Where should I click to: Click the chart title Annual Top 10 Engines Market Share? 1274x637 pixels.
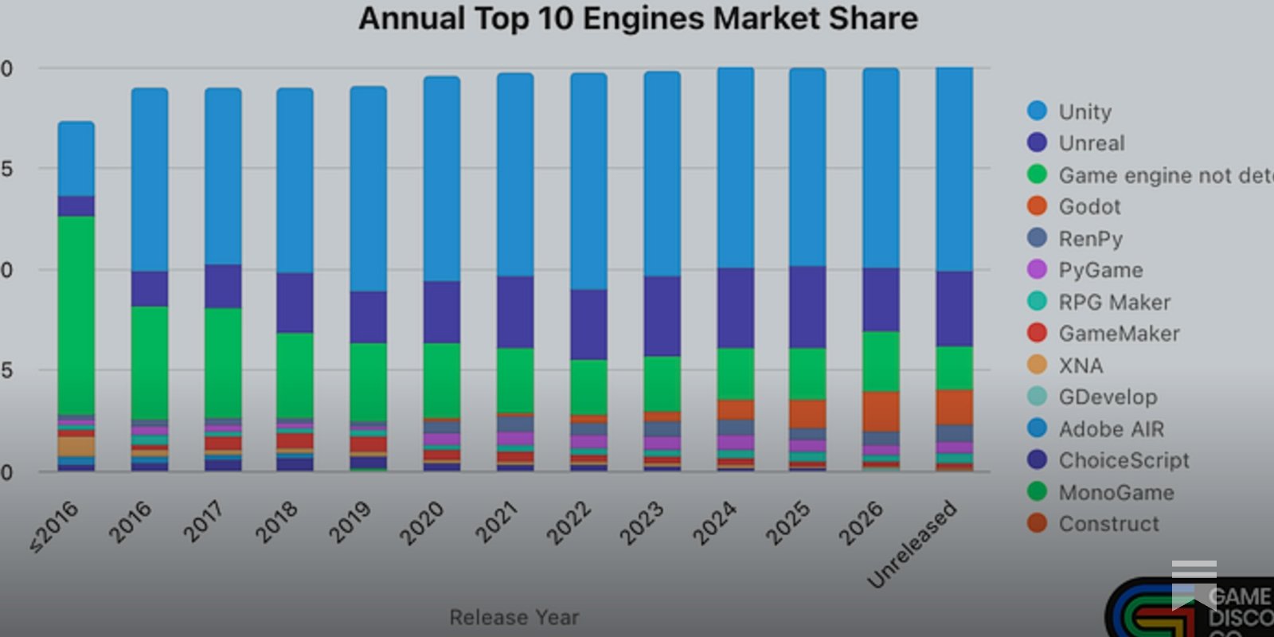[638, 18]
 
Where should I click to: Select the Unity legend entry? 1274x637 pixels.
[1084, 111]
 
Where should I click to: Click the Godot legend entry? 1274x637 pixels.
[1088, 207]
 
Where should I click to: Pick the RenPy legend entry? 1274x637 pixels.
[1090, 239]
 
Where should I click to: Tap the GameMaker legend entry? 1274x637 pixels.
[1118, 334]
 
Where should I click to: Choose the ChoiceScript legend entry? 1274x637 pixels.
[1123, 460]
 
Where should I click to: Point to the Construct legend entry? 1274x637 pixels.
[1108, 524]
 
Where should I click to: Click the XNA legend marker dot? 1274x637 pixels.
[1037, 365]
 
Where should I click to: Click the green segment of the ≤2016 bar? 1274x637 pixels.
[76, 315]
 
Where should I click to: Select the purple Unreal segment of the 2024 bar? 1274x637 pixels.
[736, 307]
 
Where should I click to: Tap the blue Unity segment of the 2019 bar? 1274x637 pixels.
[369, 189]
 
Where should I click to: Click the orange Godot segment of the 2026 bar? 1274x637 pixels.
[881, 411]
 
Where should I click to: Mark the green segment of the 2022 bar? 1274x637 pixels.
[588, 387]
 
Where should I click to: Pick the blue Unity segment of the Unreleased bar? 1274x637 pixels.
[954, 169]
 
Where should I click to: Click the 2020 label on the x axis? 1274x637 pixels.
[422, 522]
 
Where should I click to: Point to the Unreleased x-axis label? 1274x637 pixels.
[912, 544]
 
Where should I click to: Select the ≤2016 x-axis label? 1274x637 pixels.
[54, 526]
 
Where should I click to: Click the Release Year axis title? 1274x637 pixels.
[514, 617]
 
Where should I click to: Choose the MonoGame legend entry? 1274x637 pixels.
[1116, 492]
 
